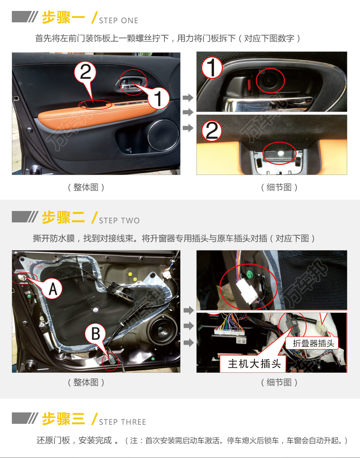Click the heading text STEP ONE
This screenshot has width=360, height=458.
(x=118, y=21)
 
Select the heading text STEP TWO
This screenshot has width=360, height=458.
(x=119, y=220)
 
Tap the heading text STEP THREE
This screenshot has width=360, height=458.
(x=122, y=422)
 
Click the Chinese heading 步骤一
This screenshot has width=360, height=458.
(x=63, y=17)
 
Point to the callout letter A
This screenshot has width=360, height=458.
(x=52, y=289)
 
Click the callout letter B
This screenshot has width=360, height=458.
(x=96, y=334)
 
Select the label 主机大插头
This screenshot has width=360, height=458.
(x=254, y=364)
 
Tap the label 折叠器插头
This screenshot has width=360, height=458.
(x=313, y=343)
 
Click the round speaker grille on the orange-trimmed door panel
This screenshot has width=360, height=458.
(x=163, y=135)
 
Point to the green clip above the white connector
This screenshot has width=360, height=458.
(x=249, y=274)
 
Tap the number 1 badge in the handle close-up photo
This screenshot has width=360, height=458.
(x=212, y=68)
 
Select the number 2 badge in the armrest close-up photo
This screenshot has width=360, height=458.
(x=212, y=131)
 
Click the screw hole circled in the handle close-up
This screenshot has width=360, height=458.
(x=270, y=80)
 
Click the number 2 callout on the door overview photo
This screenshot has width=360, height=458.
(x=85, y=72)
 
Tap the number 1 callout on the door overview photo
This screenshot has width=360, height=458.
(x=158, y=98)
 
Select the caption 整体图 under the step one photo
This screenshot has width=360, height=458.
(x=86, y=187)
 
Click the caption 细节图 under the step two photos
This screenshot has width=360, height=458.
(x=279, y=382)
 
